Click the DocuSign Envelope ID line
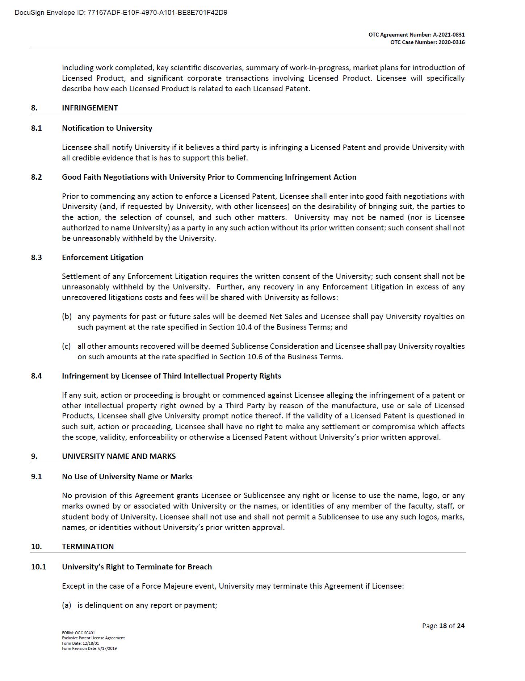(x=121, y=13)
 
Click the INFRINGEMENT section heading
(x=90, y=108)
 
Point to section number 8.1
(x=37, y=128)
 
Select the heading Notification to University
(x=107, y=128)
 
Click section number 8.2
(x=37, y=177)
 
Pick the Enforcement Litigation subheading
(x=102, y=258)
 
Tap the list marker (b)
(x=67, y=317)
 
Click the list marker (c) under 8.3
(x=66, y=346)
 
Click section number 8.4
(x=37, y=376)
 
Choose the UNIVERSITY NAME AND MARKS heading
(x=119, y=456)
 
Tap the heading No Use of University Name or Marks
(x=127, y=477)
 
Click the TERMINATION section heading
(x=88, y=547)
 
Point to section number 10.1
(x=39, y=567)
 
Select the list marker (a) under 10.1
(x=67, y=605)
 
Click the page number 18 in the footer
(x=443, y=626)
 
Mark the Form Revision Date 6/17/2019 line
(x=89, y=648)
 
